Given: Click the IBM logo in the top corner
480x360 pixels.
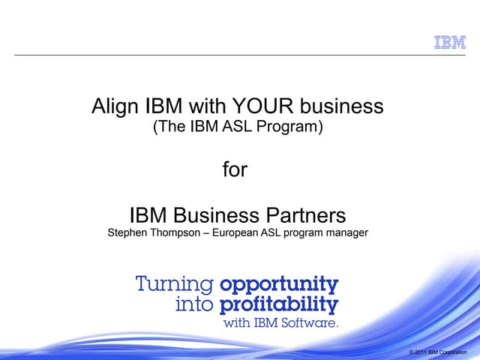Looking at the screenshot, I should [451, 43].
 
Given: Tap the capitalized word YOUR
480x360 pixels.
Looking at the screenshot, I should [262, 107].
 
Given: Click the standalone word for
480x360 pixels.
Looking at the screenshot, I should [235, 169].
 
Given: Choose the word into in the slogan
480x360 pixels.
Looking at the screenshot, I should [195, 305].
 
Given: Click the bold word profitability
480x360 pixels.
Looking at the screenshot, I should [279, 305].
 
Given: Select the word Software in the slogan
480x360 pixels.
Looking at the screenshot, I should [313, 325].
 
